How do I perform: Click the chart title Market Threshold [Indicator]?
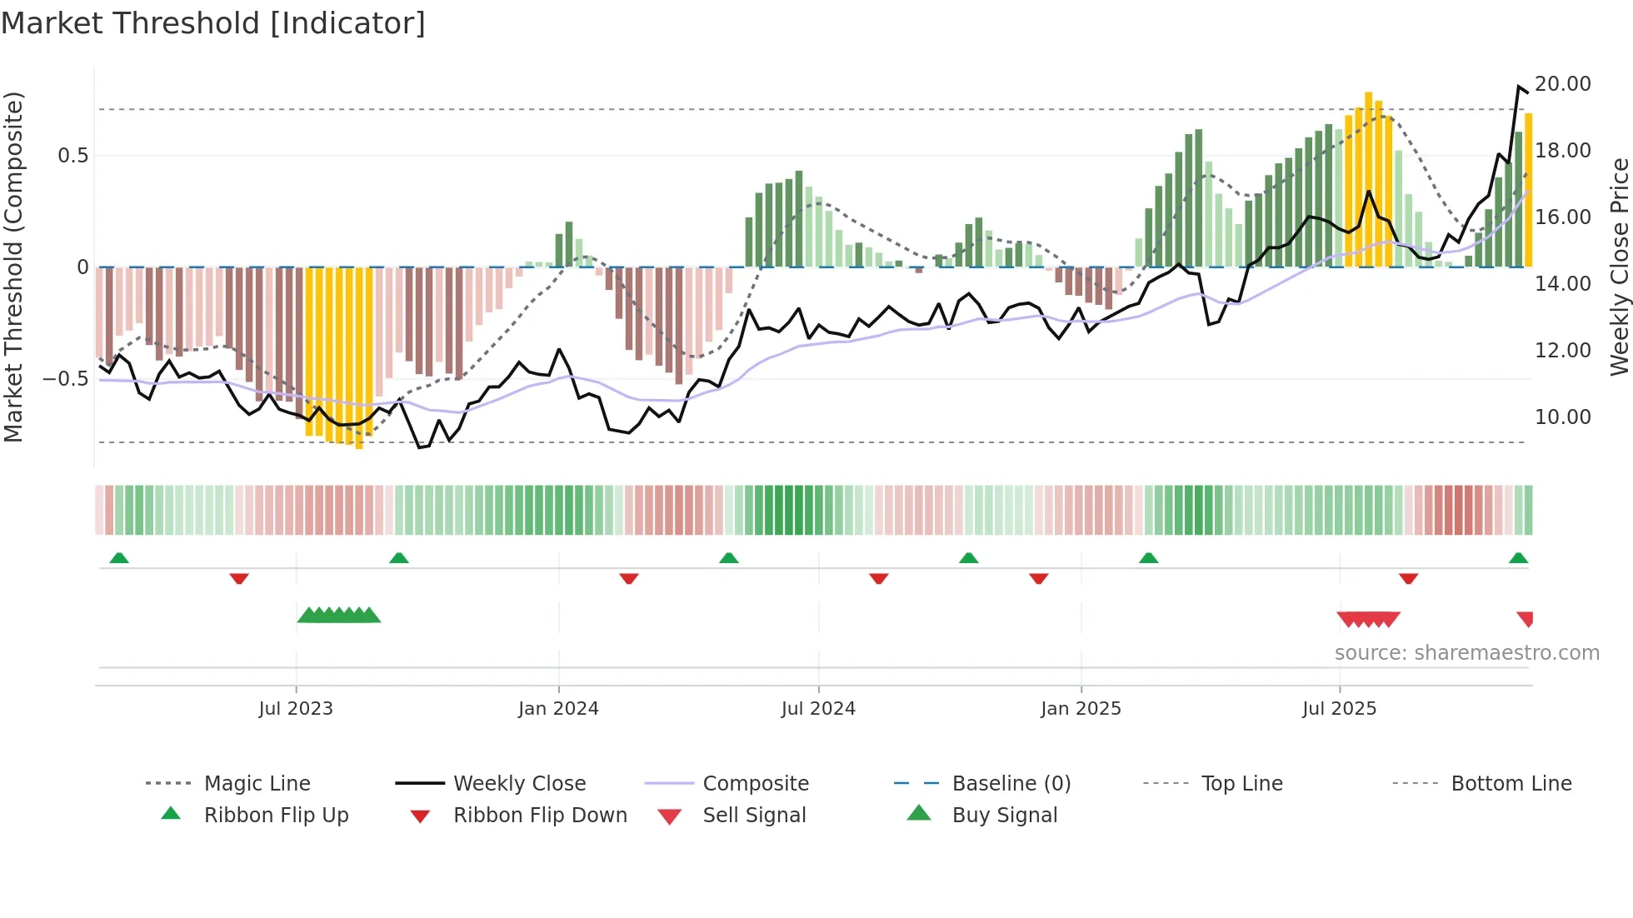click(213, 23)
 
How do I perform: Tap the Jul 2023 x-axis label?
click(295, 709)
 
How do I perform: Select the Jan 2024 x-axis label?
click(558, 709)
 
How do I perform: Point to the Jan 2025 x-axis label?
click(1081, 709)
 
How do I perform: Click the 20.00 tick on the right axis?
click(1562, 84)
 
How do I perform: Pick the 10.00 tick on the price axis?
click(1562, 417)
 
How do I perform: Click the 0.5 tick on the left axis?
click(72, 156)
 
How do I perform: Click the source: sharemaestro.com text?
click(1466, 653)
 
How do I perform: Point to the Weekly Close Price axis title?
click(1619, 267)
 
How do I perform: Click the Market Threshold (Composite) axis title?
click(13, 267)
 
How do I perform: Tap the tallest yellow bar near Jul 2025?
click(1368, 179)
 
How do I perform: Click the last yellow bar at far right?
click(1528, 190)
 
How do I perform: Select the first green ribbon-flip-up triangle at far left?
click(119, 558)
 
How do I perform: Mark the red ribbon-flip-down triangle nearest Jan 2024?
click(629, 578)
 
